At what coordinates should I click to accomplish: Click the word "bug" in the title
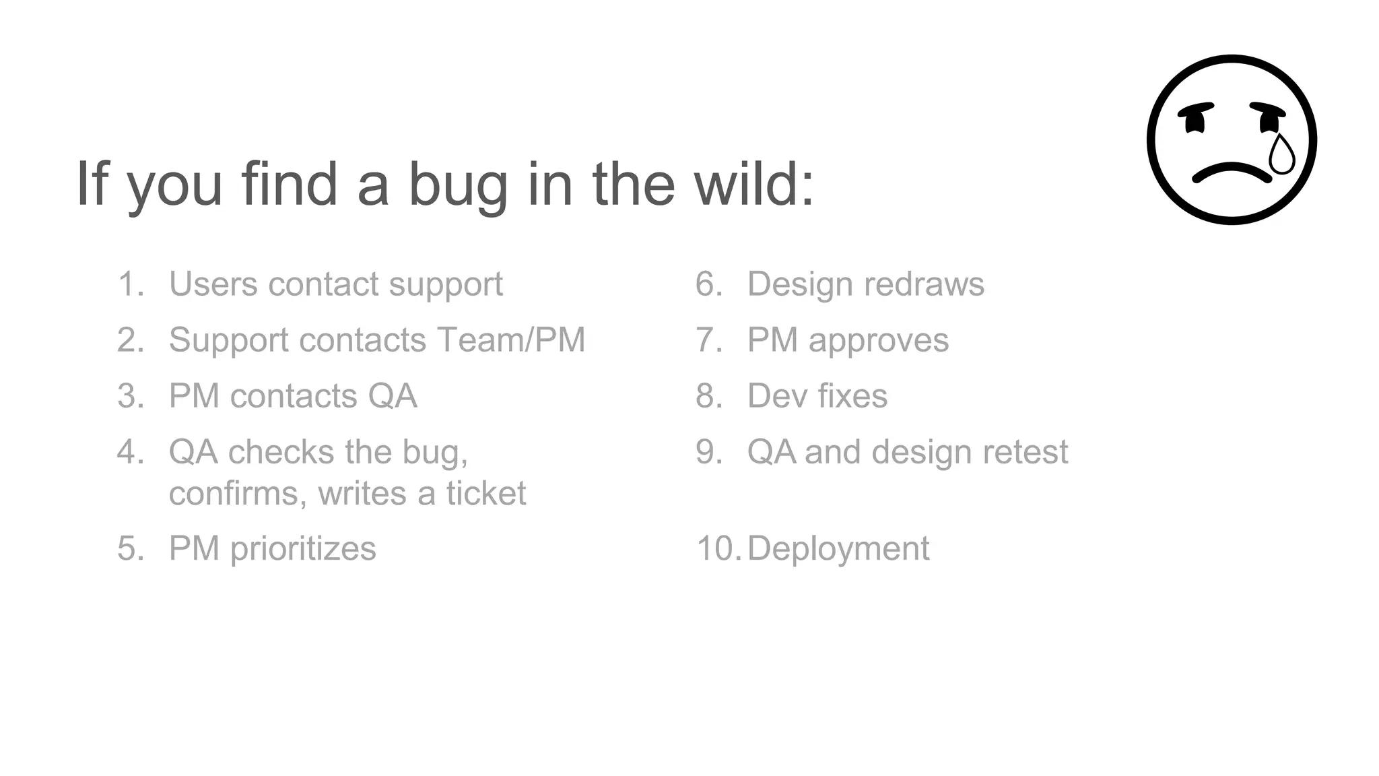458,185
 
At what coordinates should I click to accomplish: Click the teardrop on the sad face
1281,155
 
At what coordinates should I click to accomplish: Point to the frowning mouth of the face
1232,172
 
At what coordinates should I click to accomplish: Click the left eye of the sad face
1195,119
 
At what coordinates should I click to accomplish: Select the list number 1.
130,284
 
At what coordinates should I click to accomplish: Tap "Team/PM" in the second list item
511,340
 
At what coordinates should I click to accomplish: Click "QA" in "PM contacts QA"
393,396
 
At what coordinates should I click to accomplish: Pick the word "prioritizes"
303,549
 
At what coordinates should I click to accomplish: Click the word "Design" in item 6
800,284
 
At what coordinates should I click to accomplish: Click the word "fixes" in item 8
852,396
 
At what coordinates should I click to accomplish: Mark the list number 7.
708,340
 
